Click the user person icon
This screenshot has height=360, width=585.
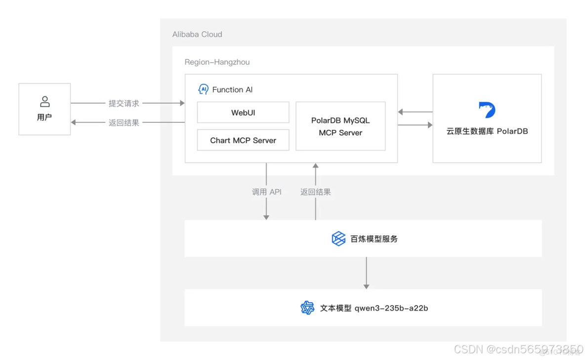pos(44,102)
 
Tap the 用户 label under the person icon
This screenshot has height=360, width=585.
pos(44,118)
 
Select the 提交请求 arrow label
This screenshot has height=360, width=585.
pos(124,104)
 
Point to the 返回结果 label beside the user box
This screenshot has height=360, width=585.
pos(124,122)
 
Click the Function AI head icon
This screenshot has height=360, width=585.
pos(203,89)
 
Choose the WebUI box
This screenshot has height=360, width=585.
pos(243,113)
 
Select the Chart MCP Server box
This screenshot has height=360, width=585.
pos(243,140)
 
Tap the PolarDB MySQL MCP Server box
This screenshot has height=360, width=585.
pos(340,126)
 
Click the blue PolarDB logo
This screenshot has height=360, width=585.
pos(487,110)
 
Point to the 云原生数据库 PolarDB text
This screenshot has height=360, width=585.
pos(487,131)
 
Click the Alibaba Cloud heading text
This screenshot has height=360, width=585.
pos(197,34)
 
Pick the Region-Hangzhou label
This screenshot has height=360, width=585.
pos(217,62)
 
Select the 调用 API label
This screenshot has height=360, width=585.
pos(267,192)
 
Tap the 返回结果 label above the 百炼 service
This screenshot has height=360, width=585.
pos(315,192)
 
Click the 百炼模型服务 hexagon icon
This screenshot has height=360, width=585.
pos(338,239)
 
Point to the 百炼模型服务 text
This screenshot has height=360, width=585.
pos(374,239)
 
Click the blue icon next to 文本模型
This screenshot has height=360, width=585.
pos(307,308)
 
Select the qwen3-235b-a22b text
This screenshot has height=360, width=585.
pos(391,308)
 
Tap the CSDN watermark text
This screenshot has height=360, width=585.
pos(517,350)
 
